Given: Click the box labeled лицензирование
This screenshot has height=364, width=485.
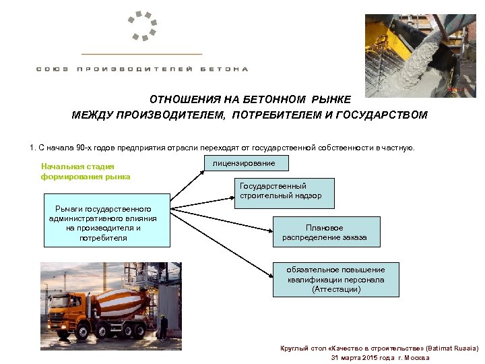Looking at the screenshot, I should pos(243,163).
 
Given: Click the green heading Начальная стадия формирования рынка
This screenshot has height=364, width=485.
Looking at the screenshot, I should pos(86,171).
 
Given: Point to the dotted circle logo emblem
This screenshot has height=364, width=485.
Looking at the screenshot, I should pos(145,25).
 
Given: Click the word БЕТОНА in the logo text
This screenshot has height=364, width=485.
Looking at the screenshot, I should pos(226,69).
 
